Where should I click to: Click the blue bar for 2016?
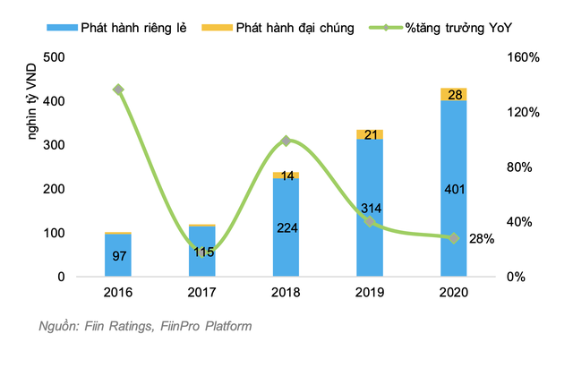pos(117,255)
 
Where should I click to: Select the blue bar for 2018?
pos(286,227)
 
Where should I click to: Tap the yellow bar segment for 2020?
pos(454,94)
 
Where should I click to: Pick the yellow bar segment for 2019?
pos(370,134)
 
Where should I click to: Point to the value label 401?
pos(454,189)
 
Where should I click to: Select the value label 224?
pos(286,227)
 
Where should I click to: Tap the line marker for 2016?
pos(118,90)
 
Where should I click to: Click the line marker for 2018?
pos(286,141)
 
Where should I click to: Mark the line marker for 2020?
pos(454,238)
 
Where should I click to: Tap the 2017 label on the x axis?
pos(201,293)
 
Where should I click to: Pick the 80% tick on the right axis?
pos(519,167)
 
